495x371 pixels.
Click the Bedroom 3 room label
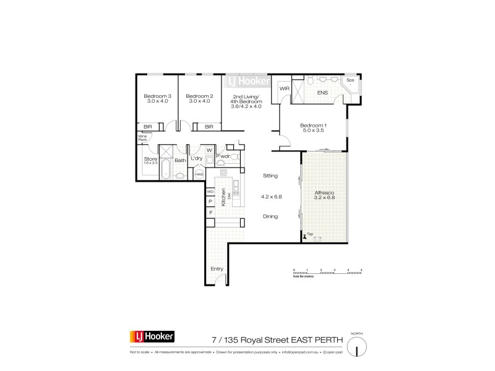coord(157,98)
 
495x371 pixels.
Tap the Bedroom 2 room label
coord(199,98)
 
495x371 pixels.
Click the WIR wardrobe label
coord(285,89)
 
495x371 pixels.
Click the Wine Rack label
coord(142,139)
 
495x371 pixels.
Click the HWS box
coord(199,174)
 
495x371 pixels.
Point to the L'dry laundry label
coord(197,160)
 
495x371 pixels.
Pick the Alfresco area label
coord(325,194)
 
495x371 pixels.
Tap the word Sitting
coord(270,176)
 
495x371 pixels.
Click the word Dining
coord(270,216)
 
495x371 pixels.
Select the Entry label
coord(217,269)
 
